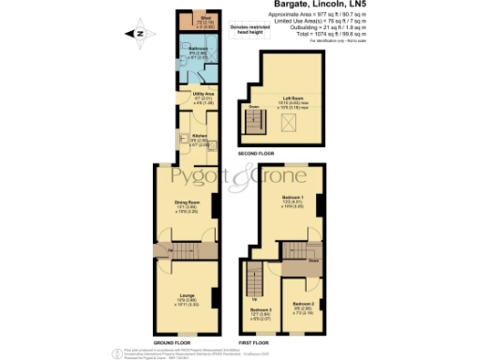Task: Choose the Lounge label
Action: [x=187, y=300]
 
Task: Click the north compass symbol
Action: [x=139, y=35]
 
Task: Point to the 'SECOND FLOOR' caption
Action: [x=256, y=152]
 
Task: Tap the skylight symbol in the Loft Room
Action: [x=287, y=124]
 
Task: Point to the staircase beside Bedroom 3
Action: [x=253, y=279]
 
